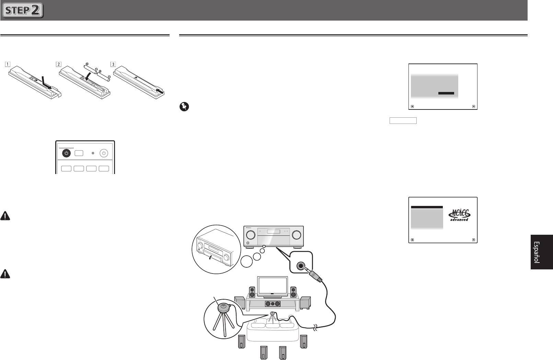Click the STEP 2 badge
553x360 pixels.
(23, 10)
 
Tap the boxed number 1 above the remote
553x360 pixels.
(8, 65)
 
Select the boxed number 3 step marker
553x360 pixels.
(113, 65)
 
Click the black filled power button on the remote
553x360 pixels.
(66, 153)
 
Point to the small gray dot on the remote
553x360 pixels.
(93, 153)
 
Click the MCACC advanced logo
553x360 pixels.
(459, 215)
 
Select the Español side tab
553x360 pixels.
(542, 252)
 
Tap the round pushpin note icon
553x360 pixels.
(184, 107)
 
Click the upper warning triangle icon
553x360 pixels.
(5, 216)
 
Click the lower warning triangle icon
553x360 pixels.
(5, 274)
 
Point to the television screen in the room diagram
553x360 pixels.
(272, 286)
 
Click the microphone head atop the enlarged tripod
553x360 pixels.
(224, 307)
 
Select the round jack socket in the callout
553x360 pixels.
(301, 266)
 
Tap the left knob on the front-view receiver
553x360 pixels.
(251, 235)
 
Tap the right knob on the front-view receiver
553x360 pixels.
(297, 235)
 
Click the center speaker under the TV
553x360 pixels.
(273, 304)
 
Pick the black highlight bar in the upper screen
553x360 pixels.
(446, 93)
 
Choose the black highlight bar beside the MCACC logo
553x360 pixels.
(427, 207)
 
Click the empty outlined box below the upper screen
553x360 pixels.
(403, 121)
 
